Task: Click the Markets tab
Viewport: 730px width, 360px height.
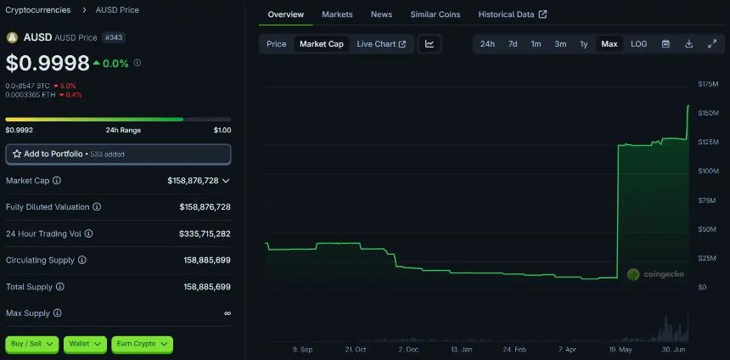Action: pyautogui.click(x=337, y=14)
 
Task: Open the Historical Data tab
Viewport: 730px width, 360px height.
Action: pyautogui.click(x=512, y=14)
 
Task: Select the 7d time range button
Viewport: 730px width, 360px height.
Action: pyautogui.click(x=513, y=43)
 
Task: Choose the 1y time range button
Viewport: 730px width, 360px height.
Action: pyautogui.click(x=584, y=43)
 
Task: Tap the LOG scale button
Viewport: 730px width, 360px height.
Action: pyautogui.click(x=638, y=43)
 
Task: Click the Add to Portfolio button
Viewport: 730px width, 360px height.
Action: pyautogui.click(x=118, y=154)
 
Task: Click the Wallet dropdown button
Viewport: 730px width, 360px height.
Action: pyautogui.click(x=84, y=344)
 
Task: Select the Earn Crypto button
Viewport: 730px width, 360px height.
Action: pyautogui.click(x=142, y=344)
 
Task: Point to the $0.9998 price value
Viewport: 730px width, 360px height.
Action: pyautogui.click(x=48, y=63)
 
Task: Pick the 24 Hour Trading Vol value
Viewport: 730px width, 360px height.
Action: pyautogui.click(x=205, y=233)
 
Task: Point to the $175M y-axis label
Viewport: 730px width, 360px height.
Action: pyautogui.click(x=707, y=83)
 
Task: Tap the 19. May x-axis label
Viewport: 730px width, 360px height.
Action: pyautogui.click(x=620, y=349)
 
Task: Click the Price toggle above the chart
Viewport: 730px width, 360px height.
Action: pyautogui.click(x=277, y=43)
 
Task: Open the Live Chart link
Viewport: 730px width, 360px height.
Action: pyautogui.click(x=381, y=43)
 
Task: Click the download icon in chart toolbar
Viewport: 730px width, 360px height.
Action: pyautogui.click(x=688, y=43)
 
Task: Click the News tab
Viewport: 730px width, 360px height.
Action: pyautogui.click(x=381, y=14)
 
